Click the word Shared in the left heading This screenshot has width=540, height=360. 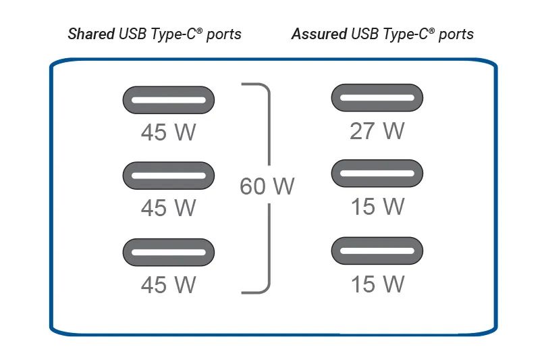coord(91,34)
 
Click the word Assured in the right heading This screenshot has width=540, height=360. coord(319,34)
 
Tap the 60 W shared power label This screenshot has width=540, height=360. coord(267,186)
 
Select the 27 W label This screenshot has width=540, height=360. coord(377,131)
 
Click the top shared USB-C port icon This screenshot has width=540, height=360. coord(169,100)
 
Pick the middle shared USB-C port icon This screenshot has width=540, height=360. coord(169,176)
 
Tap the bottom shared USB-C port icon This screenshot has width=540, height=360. coord(169,252)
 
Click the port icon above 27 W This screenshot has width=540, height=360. coord(377,97)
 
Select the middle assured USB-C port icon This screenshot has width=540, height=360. coord(377,174)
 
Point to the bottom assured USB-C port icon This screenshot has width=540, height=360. coord(377,251)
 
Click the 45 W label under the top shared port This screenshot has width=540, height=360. coord(168,132)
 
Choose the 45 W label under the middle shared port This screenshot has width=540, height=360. coord(168,208)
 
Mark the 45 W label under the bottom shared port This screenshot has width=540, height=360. coord(168,284)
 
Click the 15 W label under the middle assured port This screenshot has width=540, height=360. coord(378,207)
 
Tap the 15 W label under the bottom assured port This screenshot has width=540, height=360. coord(378,284)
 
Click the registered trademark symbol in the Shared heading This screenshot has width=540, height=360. coord(199,30)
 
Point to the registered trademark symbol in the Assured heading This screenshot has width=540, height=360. coord(431,30)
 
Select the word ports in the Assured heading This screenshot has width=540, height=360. coord(456,34)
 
